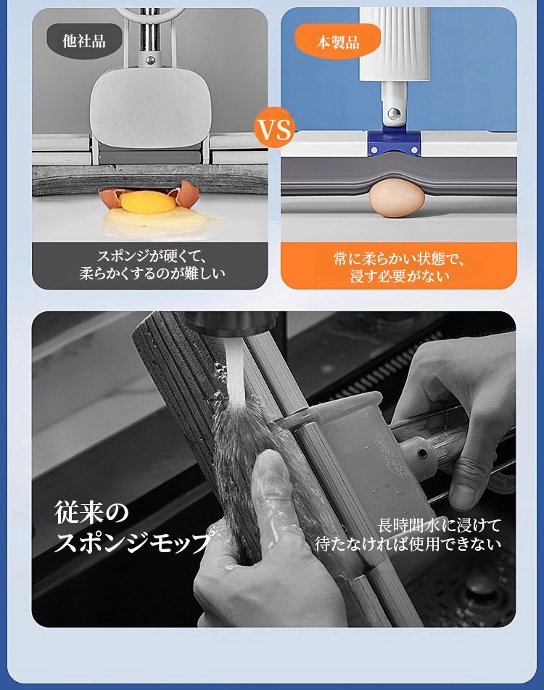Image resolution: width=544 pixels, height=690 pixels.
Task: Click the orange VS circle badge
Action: coord(274,128)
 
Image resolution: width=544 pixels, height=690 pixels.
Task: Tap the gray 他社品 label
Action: coord(84,41)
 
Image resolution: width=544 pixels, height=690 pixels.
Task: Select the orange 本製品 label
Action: coord(337,42)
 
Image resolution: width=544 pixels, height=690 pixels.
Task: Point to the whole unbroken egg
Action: coord(397,197)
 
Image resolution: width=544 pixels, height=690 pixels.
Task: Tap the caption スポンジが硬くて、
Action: coord(152,257)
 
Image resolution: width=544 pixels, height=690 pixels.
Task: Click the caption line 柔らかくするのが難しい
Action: coord(152,274)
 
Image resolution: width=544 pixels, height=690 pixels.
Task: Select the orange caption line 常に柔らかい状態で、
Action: coord(399,259)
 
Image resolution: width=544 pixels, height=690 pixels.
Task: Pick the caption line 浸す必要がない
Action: coord(400,276)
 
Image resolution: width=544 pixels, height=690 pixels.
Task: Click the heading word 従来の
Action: coord(91,513)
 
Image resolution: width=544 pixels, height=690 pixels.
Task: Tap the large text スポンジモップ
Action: coord(132,542)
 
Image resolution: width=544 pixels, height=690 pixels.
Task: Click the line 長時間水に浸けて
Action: coord(439,525)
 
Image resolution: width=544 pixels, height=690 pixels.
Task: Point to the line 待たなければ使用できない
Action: coord(408,544)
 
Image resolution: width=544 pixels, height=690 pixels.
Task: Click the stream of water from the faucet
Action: coord(235,374)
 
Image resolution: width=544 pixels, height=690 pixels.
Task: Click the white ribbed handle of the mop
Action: coord(395,44)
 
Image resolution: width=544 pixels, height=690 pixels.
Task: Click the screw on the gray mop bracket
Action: coord(422,453)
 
